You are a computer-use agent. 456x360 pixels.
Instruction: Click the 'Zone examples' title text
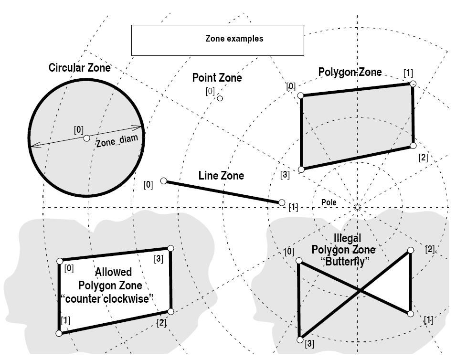pyautogui.click(x=234, y=39)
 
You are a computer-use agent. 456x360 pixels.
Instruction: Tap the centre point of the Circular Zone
pyautogui.click(x=86, y=138)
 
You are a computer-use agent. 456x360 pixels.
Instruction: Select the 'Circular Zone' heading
pyautogui.click(x=79, y=68)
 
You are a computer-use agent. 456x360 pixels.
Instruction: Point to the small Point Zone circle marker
pyautogui.click(x=220, y=98)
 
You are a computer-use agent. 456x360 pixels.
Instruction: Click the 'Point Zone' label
pyautogui.click(x=217, y=78)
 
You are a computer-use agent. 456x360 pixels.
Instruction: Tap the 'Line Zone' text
pyautogui.click(x=221, y=176)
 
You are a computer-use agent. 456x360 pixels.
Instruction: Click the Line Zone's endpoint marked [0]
pyautogui.click(x=164, y=181)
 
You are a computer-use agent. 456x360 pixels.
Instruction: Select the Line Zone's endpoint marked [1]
pyautogui.click(x=282, y=203)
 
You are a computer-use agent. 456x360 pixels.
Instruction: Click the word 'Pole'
pyautogui.click(x=329, y=202)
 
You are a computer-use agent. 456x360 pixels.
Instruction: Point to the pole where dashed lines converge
pyautogui.click(x=357, y=207)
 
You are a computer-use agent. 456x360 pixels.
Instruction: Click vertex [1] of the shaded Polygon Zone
pyautogui.click(x=413, y=84)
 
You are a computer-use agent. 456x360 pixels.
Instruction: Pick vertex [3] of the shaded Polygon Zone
pyautogui.click(x=301, y=169)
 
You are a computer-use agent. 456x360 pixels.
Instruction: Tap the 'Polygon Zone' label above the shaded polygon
pyautogui.click(x=350, y=72)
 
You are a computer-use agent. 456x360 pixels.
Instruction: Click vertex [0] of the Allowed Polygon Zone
pyautogui.click(x=60, y=261)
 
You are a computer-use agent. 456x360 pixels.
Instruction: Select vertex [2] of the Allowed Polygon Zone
pyautogui.click(x=170, y=311)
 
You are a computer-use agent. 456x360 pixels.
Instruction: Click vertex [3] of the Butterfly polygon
pyautogui.click(x=300, y=339)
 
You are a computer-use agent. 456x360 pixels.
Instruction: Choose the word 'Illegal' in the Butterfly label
pyautogui.click(x=348, y=238)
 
